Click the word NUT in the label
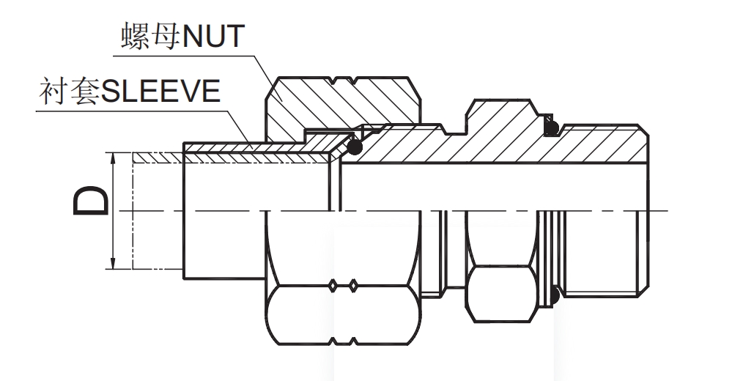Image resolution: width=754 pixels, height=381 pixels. (x=212, y=34)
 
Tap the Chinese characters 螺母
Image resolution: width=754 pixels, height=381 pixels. (x=150, y=34)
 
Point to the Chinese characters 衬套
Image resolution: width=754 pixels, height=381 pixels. (x=68, y=93)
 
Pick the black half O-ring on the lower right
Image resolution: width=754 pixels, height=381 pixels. (x=555, y=297)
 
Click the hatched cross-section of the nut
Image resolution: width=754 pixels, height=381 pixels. (x=322, y=103)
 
